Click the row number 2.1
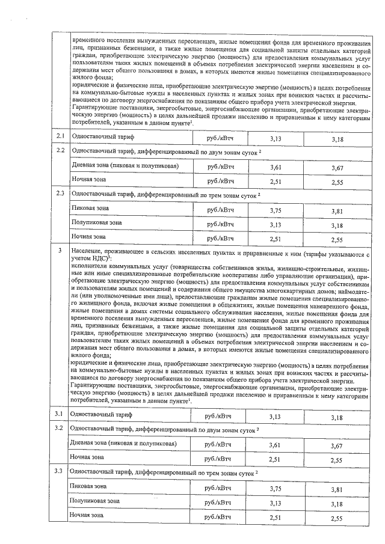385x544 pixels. click(x=60, y=138)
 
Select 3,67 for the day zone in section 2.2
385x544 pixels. click(x=340, y=168)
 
